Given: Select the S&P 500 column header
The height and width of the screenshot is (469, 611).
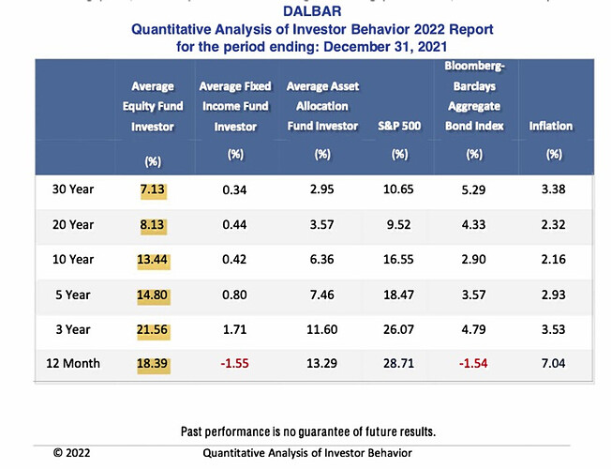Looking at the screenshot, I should (x=399, y=125).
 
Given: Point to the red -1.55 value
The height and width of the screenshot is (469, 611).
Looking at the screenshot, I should (x=234, y=362).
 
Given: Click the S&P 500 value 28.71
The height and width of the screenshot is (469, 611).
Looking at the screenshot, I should (x=399, y=362).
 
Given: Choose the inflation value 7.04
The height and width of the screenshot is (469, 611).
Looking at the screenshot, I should (x=554, y=362).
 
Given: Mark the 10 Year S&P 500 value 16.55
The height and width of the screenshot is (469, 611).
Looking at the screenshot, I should (x=399, y=259).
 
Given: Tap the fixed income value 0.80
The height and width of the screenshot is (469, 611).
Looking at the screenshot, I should (x=234, y=294).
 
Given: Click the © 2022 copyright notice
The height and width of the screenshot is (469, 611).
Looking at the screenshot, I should (x=71, y=451).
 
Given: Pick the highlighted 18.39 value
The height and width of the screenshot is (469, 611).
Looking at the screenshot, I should (x=152, y=362).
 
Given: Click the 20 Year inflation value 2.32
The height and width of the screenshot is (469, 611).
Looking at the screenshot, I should (x=554, y=225).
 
